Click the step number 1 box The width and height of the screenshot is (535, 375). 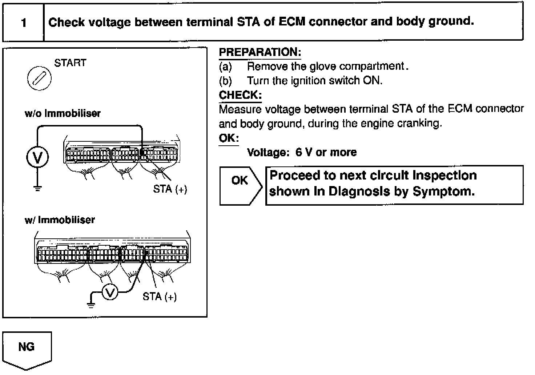[x=23, y=23]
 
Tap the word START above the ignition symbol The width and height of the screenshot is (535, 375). [x=70, y=63]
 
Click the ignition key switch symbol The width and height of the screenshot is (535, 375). [x=39, y=78]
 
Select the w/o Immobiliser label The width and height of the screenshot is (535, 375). [x=63, y=113]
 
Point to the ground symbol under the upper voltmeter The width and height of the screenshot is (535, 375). [x=37, y=188]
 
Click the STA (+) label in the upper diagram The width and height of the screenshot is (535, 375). [x=170, y=189]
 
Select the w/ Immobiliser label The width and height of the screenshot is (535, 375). [x=60, y=220]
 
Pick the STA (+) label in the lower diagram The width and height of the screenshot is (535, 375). [x=160, y=297]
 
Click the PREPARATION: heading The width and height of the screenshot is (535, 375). [x=260, y=52]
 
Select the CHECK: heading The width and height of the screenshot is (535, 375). [x=240, y=95]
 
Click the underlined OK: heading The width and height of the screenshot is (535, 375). [x=229, y=138]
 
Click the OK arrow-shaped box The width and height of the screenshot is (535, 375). [x=240, y=185]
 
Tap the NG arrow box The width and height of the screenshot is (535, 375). [x=27, y=349]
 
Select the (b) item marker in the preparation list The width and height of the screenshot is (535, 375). [x=225, y=81]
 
